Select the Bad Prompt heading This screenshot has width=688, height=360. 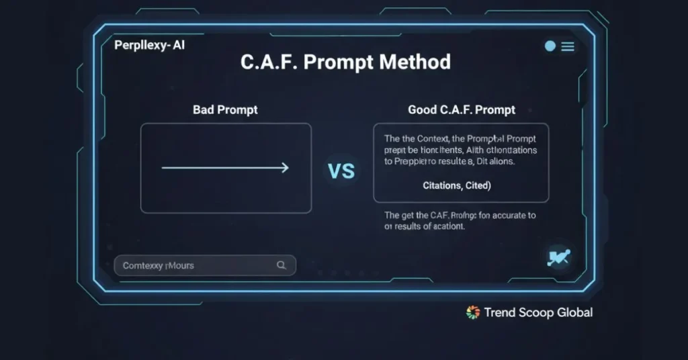pos(225,109)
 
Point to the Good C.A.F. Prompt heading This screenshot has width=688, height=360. pos(462,109)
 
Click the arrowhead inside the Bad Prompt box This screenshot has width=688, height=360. pos(285,168)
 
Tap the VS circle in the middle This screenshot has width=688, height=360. pos(341,171)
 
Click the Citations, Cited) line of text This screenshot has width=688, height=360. pos(457,185)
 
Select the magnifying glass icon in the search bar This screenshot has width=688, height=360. pos(282,265)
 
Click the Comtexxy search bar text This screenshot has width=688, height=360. pos(159,265)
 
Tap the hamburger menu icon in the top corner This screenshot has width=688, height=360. pos(568,46)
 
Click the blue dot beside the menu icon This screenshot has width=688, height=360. pos(550,46)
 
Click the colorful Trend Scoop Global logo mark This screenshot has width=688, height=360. pos(473,312)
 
